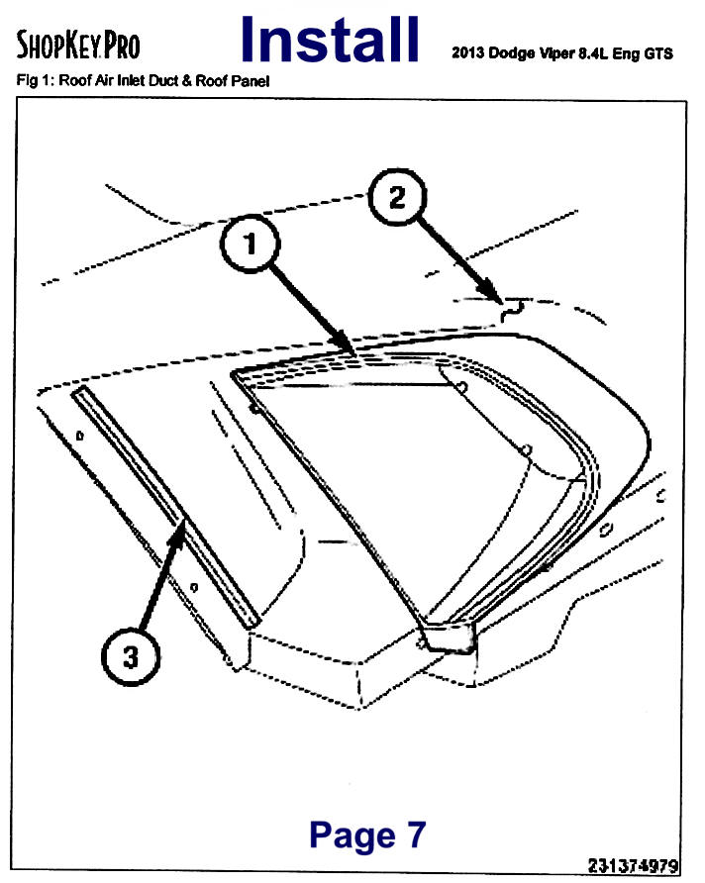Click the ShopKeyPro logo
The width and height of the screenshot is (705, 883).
(77, 46)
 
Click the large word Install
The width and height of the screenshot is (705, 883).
(330, 40)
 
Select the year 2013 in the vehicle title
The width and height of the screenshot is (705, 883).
(467, 52)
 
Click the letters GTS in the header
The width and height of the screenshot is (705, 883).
(658, 53)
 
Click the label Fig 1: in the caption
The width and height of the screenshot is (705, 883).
(35, 80)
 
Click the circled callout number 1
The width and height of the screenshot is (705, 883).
(250, 244)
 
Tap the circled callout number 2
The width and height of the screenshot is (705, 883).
(397, 197)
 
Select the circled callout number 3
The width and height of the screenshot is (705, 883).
(131, 656)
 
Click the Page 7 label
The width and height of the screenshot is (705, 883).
(367, 834)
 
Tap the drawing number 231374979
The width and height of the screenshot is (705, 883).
(633, 865)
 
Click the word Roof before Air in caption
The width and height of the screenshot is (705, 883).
(72, 80)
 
